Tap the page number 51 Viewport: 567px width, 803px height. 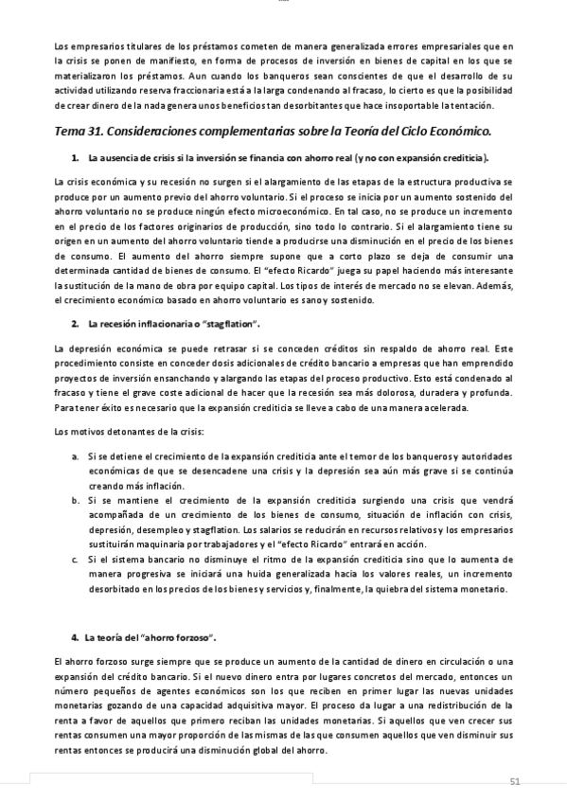(x=515, y=781)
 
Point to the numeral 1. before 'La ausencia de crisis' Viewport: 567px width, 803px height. (x=75, y=156)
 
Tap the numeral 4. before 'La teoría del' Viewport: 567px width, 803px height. (x=75, y=637)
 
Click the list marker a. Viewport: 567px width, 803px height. (x=76, y=455)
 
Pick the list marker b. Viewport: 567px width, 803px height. (x=76, y=497)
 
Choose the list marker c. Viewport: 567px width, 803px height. (x=76, y=559)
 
